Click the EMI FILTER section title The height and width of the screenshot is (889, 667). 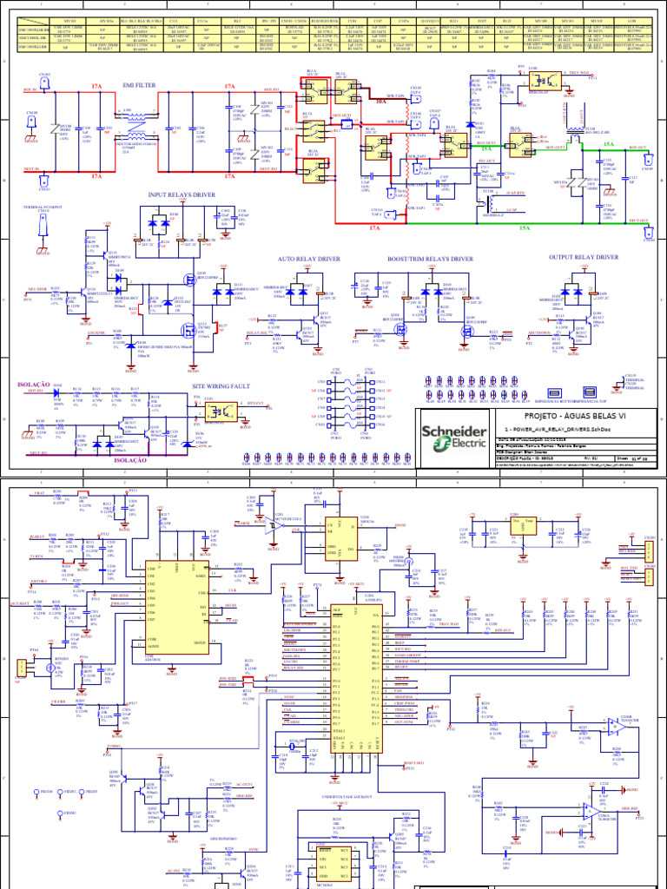(140, 86)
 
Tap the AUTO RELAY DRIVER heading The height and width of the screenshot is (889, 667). (309, 259)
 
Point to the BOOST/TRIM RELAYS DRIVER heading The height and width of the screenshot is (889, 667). (431, 259)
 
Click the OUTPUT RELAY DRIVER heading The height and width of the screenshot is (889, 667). (584, 257)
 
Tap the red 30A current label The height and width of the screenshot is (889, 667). (380, 101)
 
